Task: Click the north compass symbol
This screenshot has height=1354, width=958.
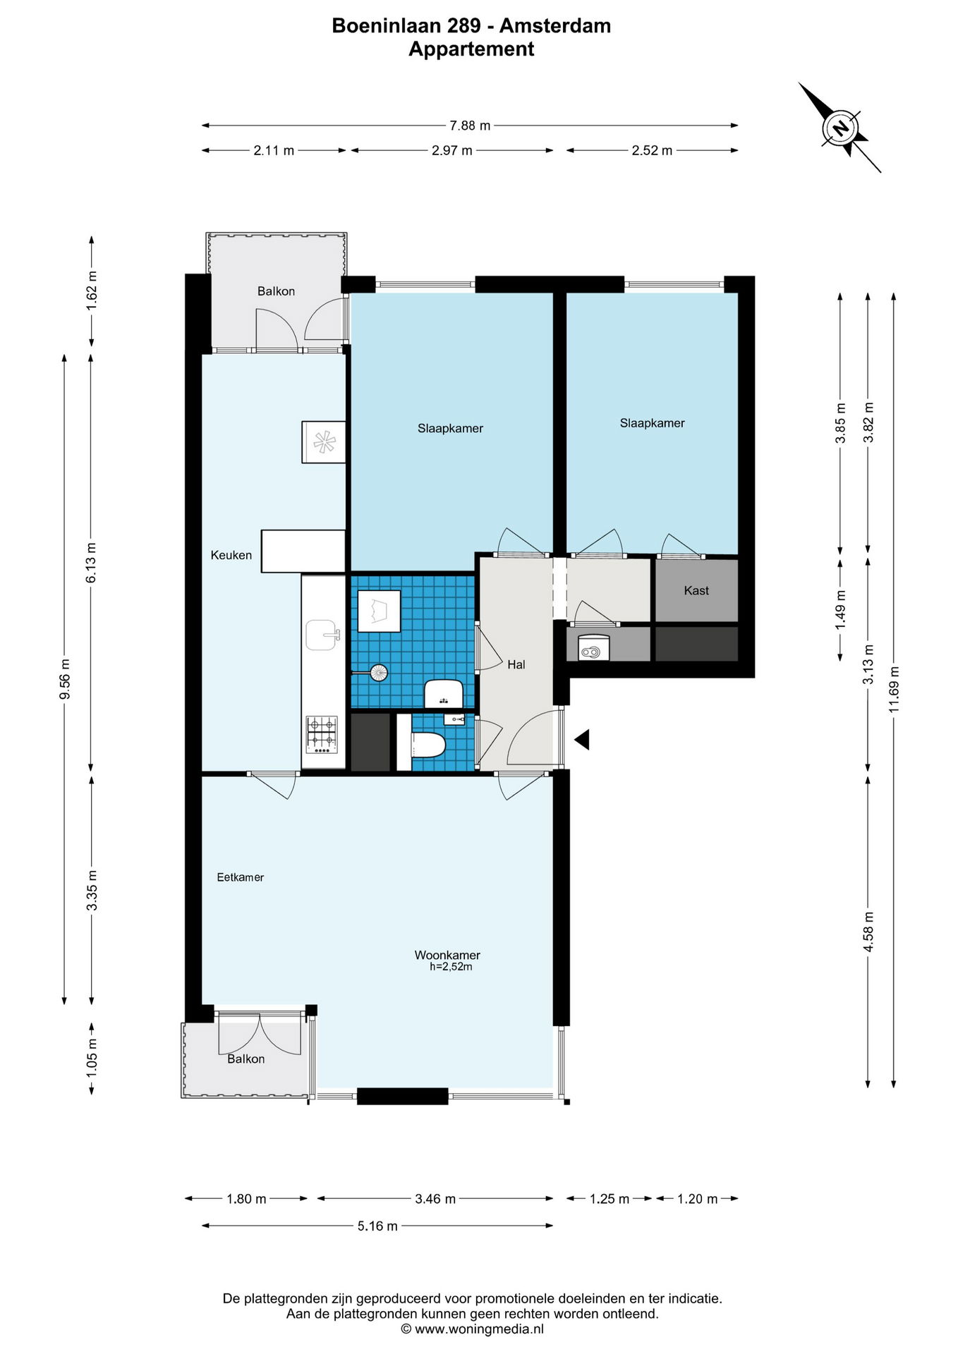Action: point(839,128)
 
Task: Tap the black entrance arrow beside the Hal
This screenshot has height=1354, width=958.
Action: point(582,740)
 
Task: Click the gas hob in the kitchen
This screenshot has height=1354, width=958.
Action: point(322,734)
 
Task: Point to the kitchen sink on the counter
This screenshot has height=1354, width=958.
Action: point(323,635)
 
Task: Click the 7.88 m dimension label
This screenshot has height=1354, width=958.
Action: point(470,126)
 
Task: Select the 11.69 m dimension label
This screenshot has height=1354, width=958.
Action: point(894,690)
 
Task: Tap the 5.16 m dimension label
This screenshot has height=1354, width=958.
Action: point(377,1226)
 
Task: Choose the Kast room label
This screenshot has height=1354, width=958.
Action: point(696,591)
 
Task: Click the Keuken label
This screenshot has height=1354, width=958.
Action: point(231,555)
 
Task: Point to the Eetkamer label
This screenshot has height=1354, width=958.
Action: point(241,877)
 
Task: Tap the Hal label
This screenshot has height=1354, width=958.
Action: point(516,664)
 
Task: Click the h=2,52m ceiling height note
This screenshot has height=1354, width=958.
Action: point(451,967)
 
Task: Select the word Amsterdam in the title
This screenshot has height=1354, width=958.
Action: point(555,26)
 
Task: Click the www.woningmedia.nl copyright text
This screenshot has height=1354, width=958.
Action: point(472,1329)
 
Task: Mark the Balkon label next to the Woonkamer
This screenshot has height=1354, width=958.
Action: point(246,1059)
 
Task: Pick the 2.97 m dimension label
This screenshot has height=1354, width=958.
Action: point(452,150)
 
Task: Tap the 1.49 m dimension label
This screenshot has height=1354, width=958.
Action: point(840,611)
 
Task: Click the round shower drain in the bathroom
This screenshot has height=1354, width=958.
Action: point(380,673)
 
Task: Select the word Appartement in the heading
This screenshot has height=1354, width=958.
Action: point(471,49)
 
